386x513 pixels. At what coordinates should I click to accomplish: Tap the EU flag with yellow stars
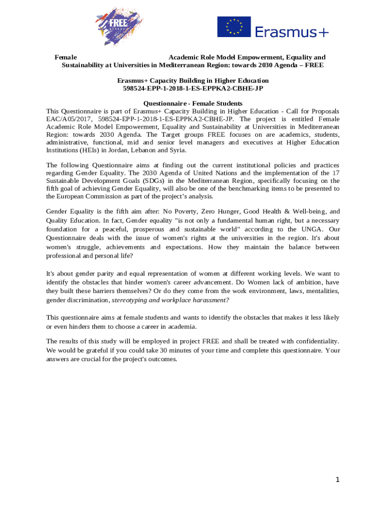234,27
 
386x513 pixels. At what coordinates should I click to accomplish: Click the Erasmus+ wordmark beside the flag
292,32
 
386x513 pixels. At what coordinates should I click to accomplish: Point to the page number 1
337,480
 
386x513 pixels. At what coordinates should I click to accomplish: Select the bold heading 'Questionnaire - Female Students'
193,103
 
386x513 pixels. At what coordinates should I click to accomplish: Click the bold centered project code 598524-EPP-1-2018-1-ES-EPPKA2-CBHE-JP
193,88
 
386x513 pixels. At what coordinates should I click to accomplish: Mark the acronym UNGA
310,229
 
